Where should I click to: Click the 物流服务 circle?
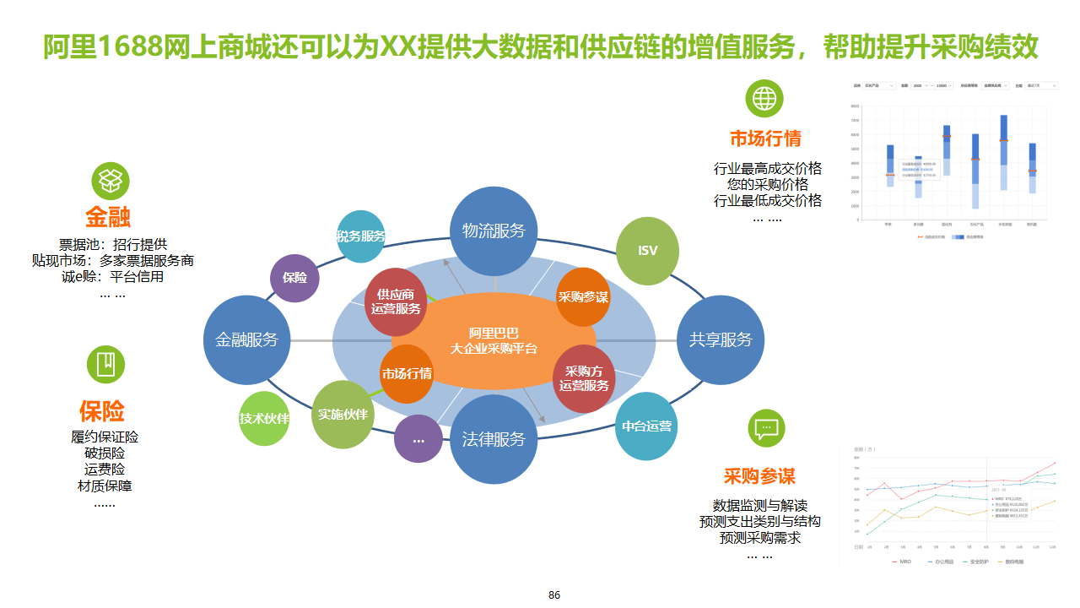pos(494,230)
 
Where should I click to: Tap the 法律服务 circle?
pos(494,439)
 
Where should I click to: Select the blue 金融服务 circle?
pos(247,339)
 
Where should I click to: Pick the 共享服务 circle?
pos(721,339)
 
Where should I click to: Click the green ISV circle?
pos(648,251)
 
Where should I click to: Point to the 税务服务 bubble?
pos(361,236)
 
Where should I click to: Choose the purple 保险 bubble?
pos(294,278)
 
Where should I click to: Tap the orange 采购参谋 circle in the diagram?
pos(583,297)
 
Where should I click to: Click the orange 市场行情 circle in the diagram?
pos(407,374)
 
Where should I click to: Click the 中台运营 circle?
pos(647,426)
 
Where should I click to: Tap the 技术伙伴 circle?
pos(265,419)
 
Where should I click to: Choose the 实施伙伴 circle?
pos(343,415)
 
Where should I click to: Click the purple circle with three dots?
pos(418,439)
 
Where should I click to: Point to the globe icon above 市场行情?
pos(764,99)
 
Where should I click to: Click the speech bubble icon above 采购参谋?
pos(766,428)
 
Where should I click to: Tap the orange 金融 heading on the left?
pos(108,217)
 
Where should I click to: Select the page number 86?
pos(554,594)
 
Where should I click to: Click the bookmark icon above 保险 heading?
pos(106,364)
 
